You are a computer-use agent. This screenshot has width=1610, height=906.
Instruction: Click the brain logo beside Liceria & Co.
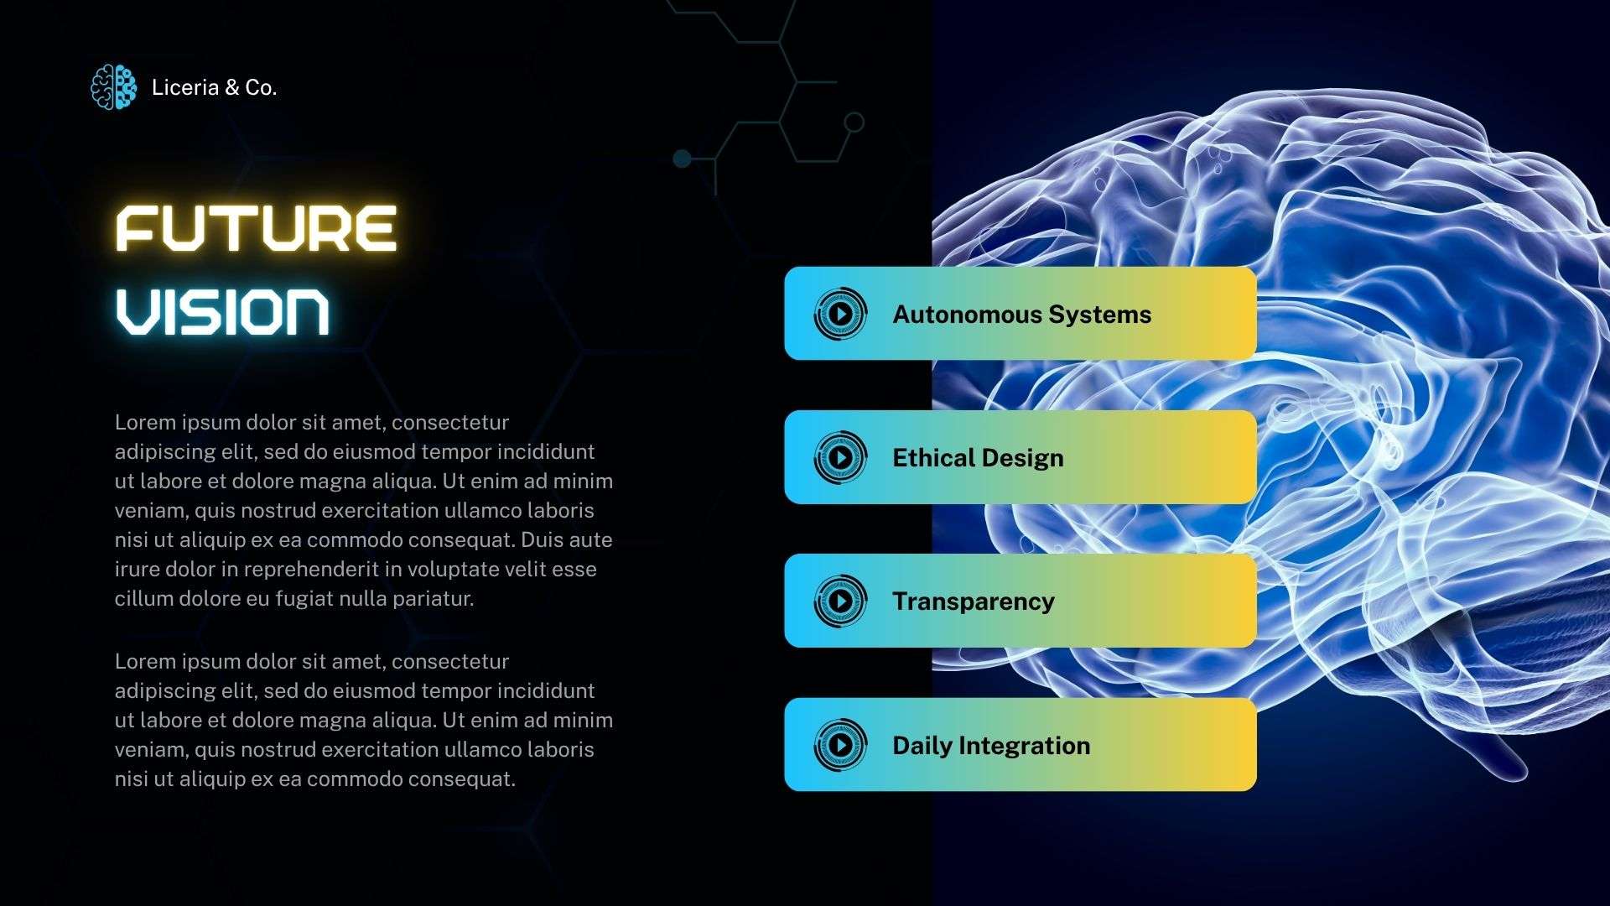tap(113, 86)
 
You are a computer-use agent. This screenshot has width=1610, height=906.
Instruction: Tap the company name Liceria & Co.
tap(214, 87)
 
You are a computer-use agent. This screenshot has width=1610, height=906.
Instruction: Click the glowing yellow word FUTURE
tap(256, 228)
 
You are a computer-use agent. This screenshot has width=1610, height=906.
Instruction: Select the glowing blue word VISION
tap(222, 312)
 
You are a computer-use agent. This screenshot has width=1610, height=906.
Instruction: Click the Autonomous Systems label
tap(1021, 315)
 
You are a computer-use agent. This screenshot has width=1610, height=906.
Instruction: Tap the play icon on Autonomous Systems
tap(840, 314)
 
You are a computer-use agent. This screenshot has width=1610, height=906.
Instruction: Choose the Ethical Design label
tap(978, 458)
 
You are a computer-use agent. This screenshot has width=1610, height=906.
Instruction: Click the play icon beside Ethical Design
tap(840, 457)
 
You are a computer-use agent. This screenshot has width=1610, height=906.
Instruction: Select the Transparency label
tap(973, 601)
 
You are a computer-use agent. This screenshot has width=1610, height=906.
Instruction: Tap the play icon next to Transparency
tap(840, 601)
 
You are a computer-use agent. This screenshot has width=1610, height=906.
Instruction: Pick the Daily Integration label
tap(991, 746)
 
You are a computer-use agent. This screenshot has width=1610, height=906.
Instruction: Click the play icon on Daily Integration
tap(840, 744)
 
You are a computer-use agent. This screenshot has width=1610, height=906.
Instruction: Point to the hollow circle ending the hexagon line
tap(854, 122)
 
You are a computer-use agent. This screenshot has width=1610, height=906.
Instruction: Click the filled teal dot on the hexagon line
tap(683, 158)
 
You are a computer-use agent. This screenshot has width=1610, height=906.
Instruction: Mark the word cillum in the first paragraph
tap(142, 599)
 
